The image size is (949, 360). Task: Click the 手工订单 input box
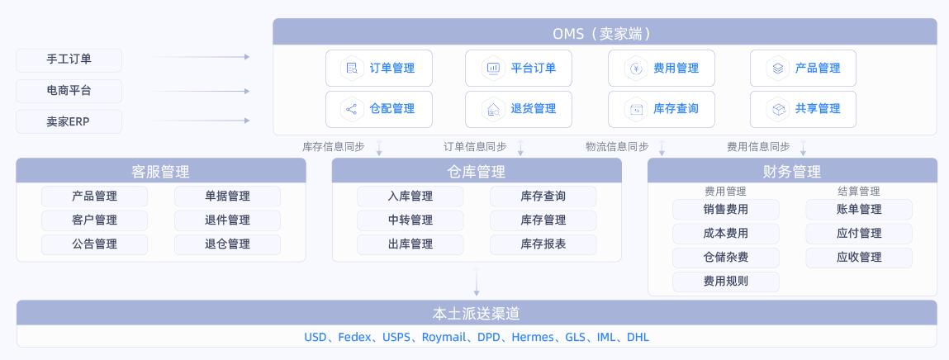(x=69, y=59)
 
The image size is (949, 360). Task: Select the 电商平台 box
(x=69, y=91)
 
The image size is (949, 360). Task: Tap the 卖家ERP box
(x=69, y=121)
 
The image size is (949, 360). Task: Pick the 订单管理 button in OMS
(x=379, y=69)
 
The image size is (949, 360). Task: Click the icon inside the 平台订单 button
(x=493, y=69)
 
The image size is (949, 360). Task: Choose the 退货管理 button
(x=519, y=109)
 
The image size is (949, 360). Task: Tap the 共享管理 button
(x=803, y=109)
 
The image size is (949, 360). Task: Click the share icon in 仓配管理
(x=352, y=109)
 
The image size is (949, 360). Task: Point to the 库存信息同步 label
(x=334, y=147)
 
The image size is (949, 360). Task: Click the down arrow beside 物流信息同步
(x=662, y=148)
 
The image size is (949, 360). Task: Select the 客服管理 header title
(x=161, y=172)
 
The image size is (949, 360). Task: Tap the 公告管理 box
(x=95, y=244)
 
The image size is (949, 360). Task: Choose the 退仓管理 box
(x=227, y=244)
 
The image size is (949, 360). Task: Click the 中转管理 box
(x=410, y=220)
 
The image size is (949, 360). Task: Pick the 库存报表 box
(x=543, y=244)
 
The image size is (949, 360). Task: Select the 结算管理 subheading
(x=858, y=191)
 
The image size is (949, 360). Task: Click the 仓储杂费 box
(x=726, y=258)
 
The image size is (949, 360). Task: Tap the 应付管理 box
(x=859, y=234)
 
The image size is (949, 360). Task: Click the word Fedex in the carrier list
(x=355, y=338)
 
